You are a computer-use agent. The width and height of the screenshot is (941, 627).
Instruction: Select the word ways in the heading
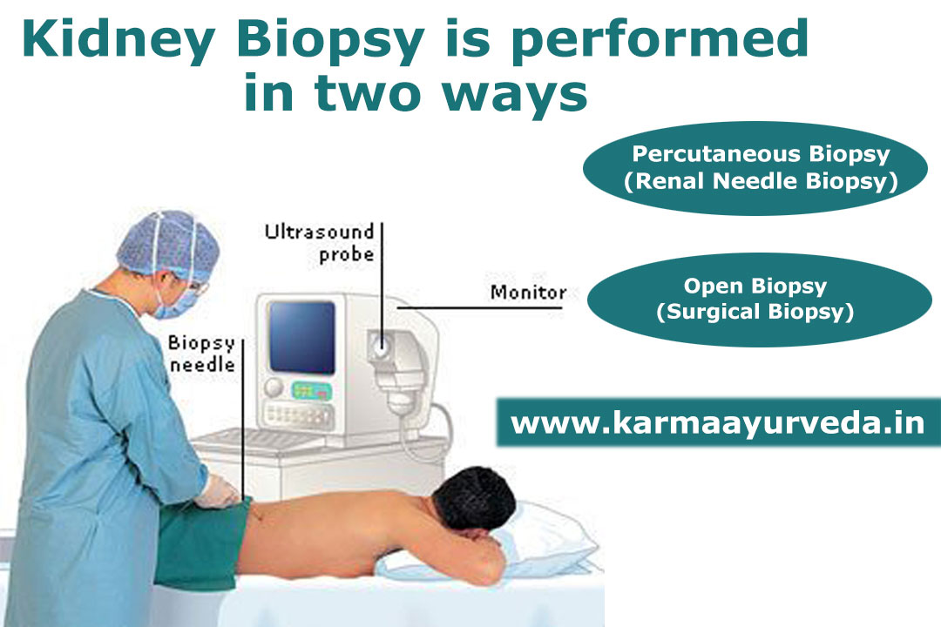coord(515,93)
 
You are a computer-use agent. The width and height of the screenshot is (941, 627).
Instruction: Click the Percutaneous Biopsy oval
coord(755,168)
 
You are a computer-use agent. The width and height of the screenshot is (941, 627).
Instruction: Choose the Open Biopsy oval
coord(759,300)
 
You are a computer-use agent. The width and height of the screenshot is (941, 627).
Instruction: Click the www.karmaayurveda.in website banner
coord(718,421)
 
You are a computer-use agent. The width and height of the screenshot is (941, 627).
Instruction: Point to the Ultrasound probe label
coord(319,242)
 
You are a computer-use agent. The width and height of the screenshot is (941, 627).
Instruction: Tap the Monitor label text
coord(528,293)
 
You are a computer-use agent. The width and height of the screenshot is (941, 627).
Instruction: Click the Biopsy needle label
coord(201,354)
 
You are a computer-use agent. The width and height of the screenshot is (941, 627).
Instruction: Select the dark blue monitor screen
coord(301,337)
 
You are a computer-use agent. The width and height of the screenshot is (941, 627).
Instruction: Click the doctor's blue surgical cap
coord(169,244)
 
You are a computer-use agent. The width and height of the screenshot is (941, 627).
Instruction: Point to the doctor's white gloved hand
coord(216,491)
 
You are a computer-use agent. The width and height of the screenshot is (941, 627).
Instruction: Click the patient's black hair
coord(474,499)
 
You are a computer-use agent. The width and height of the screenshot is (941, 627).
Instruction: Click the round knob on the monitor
coord(274,388)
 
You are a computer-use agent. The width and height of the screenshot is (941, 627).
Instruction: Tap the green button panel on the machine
coord(311,391)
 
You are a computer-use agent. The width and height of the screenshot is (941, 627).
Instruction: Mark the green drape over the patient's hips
coord(201,543)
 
